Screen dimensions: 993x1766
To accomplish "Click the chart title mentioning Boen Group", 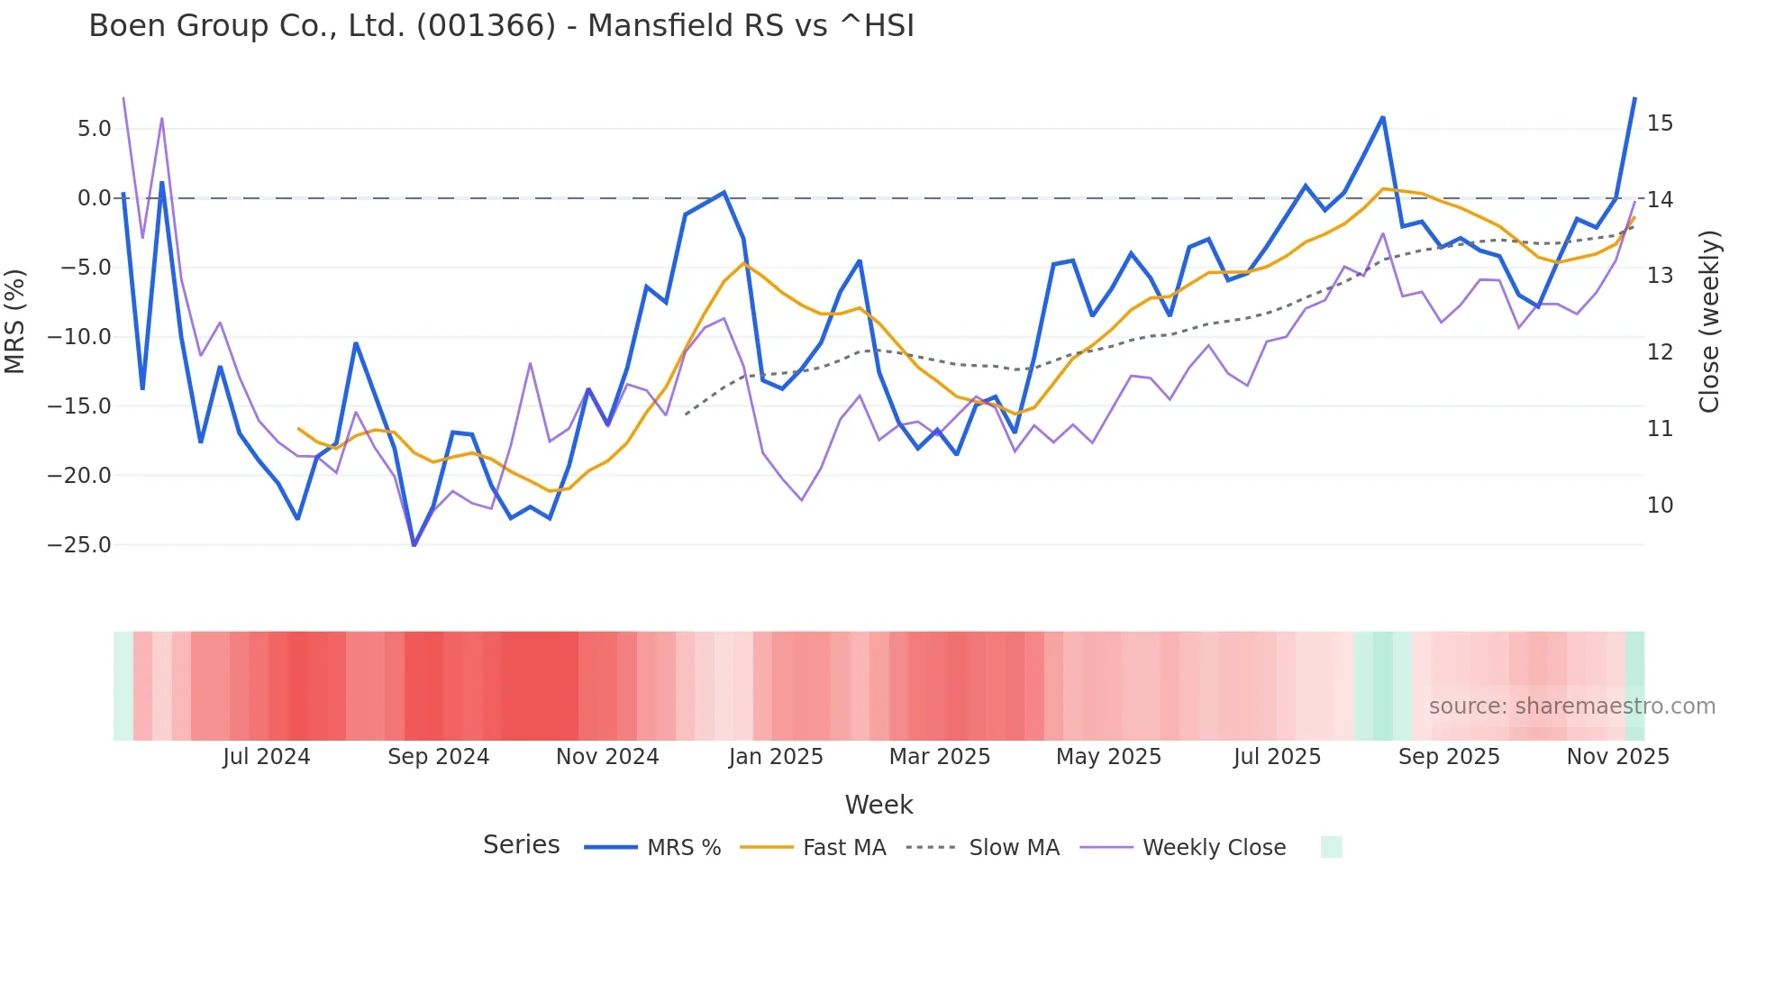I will click(x=501, y=26).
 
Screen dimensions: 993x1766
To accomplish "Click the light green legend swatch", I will click(x=1331, y=847).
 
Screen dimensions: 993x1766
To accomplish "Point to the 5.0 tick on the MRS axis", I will click(x=94, y=129).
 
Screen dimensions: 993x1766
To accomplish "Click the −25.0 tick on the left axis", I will click(x=79, y=545).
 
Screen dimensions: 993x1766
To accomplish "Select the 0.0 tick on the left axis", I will click(x=94, y=198).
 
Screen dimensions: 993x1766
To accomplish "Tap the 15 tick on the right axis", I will click(x=1660, y=123).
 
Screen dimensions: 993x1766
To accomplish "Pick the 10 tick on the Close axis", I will click(x=1660, y=506).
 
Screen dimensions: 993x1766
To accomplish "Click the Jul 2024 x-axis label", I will click(x=266, y=757).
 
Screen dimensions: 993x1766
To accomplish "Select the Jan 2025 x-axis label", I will click(x=776, y=757).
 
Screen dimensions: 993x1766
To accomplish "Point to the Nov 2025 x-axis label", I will click(x=1617, y=757).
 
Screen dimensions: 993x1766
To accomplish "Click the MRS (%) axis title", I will click(x=15, y=321).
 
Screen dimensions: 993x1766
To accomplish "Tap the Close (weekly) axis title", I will click(x=1708, y=321).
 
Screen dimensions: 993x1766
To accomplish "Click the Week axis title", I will click(x=878, y=805).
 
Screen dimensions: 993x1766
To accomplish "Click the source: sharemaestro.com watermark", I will click(x=1571, y=706).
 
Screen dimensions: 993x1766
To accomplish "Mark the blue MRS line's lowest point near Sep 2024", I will click(x=414, y=544).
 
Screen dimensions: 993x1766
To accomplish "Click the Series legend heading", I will click(x=521, y=845).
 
